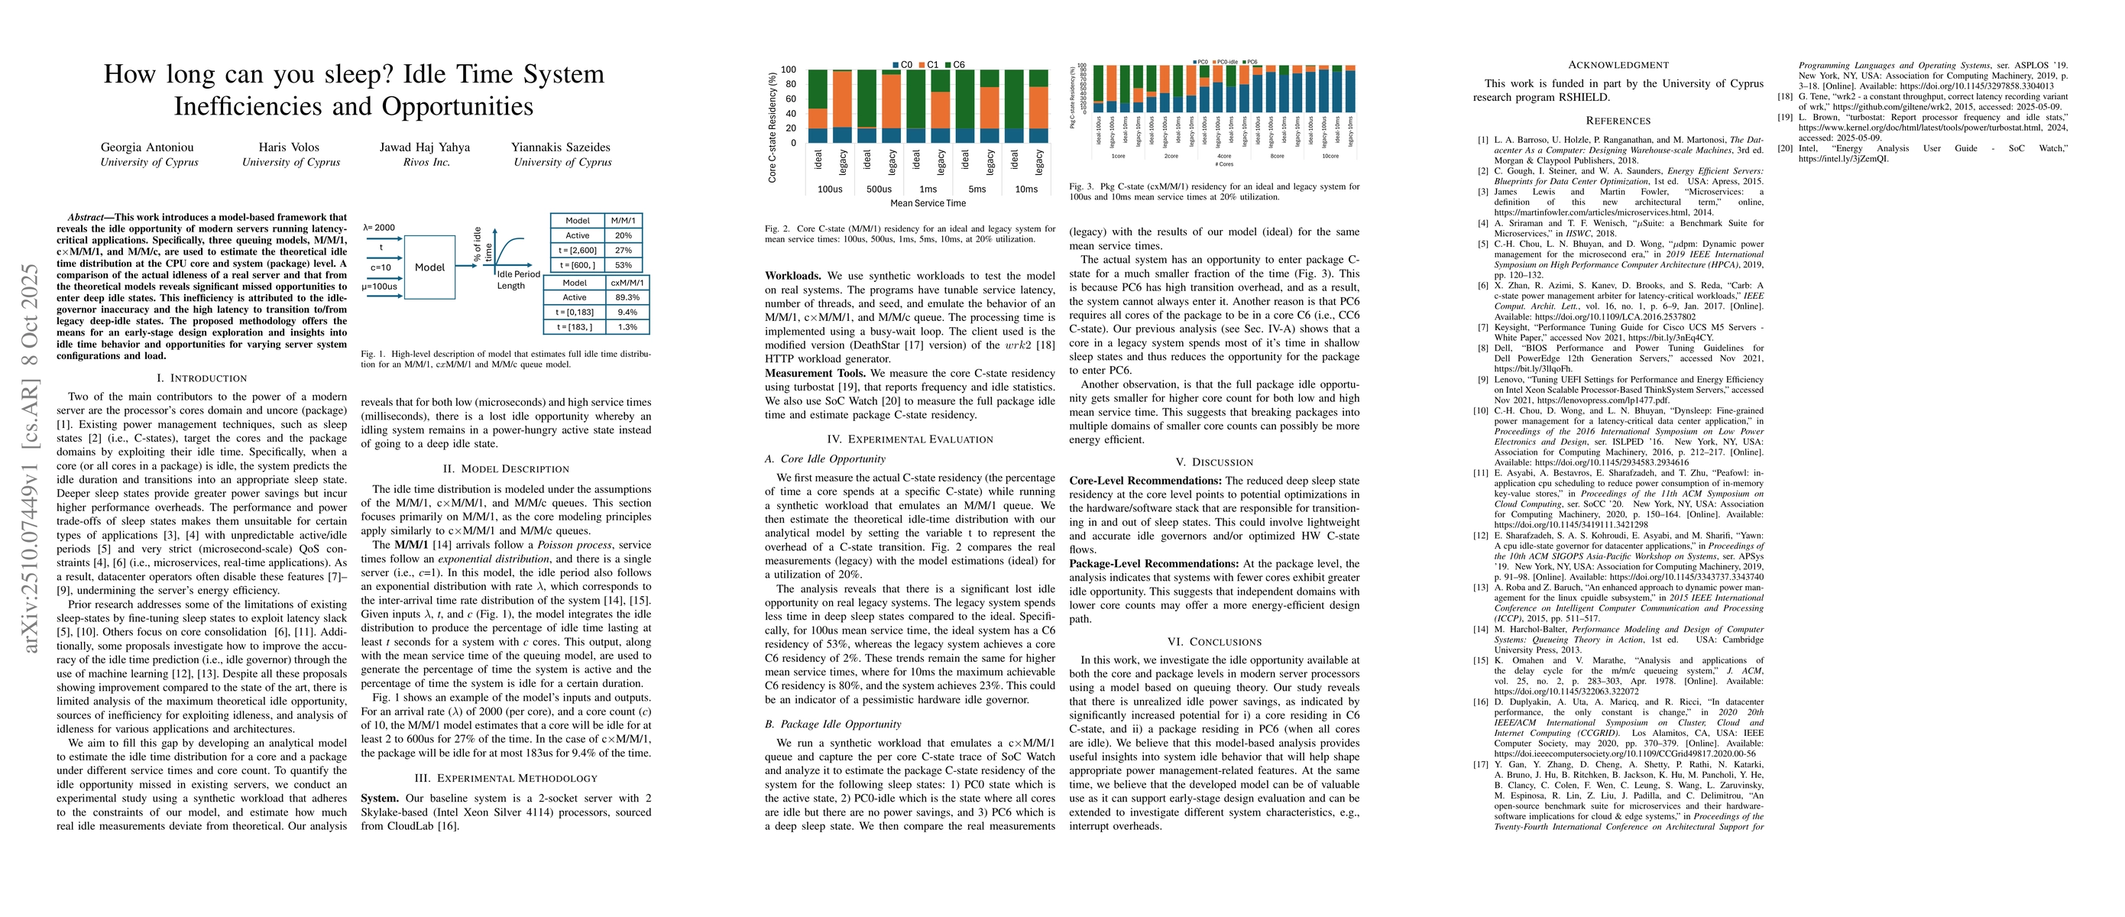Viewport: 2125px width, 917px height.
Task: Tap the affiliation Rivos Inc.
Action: [x=426, y=163]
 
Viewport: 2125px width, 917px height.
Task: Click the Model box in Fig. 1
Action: [x=429, y=267]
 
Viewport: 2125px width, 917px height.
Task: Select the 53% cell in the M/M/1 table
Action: [x=623, y=265]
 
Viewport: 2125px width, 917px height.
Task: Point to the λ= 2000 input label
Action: [x=380, y=228]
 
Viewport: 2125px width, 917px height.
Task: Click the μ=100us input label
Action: [x=380, y=287]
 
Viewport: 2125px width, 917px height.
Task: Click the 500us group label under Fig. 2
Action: [x=879, y=190]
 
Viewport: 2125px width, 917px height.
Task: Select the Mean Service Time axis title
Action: [x=928, y=203]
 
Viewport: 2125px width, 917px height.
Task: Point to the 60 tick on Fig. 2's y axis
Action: [x=789, y=99]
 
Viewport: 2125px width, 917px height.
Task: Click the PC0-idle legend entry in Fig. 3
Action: [x=1226, y=62]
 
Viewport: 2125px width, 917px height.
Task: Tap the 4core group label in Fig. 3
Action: [x=1224, y=156]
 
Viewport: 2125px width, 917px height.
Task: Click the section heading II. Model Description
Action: [x=506, y=469]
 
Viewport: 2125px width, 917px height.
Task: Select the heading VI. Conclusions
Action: [x=1214, y=643]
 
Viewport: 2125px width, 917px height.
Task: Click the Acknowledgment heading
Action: [x=1618, y=65]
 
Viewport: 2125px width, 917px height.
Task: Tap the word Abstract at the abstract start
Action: [x=86, y=218]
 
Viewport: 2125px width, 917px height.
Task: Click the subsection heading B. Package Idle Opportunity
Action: [x=832, y=724]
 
